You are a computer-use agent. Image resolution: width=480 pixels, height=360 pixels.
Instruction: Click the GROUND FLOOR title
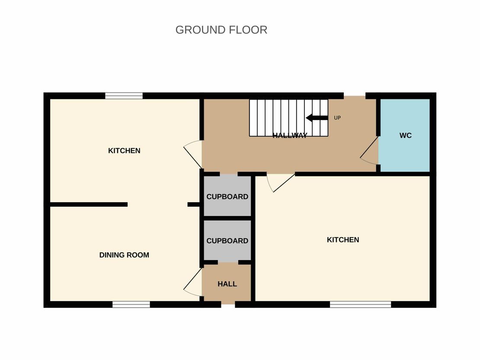point(221,30)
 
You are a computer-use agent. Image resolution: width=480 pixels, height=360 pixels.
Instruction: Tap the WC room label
point(405,136)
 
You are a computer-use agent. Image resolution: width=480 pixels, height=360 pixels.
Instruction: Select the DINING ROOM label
point(124,255)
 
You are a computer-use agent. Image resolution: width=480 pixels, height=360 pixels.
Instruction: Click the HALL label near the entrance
point(227,284)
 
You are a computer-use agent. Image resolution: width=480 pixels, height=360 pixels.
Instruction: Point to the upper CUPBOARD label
point(227,197)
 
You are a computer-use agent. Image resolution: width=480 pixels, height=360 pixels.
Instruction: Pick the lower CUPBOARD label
point(227,241)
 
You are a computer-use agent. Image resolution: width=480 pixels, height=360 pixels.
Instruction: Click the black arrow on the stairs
point(317,118)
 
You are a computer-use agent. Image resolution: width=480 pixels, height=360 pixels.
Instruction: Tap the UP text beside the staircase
point(337,118)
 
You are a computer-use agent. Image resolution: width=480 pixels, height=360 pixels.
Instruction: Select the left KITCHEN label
point(124,151)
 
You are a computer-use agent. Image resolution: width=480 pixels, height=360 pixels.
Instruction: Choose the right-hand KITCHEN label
point(343,240)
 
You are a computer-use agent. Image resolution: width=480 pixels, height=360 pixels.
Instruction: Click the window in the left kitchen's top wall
point(124,96)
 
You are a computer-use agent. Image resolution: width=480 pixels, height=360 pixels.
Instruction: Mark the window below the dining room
point(131,304)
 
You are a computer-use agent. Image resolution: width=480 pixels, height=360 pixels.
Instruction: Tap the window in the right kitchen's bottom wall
point(360,304)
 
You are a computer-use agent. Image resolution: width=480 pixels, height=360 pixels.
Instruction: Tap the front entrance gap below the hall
point(228,304)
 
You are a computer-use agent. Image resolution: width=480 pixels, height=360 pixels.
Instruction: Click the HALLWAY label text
point(290,136)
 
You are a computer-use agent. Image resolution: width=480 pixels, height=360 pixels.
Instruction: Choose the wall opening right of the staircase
point(355,96)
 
